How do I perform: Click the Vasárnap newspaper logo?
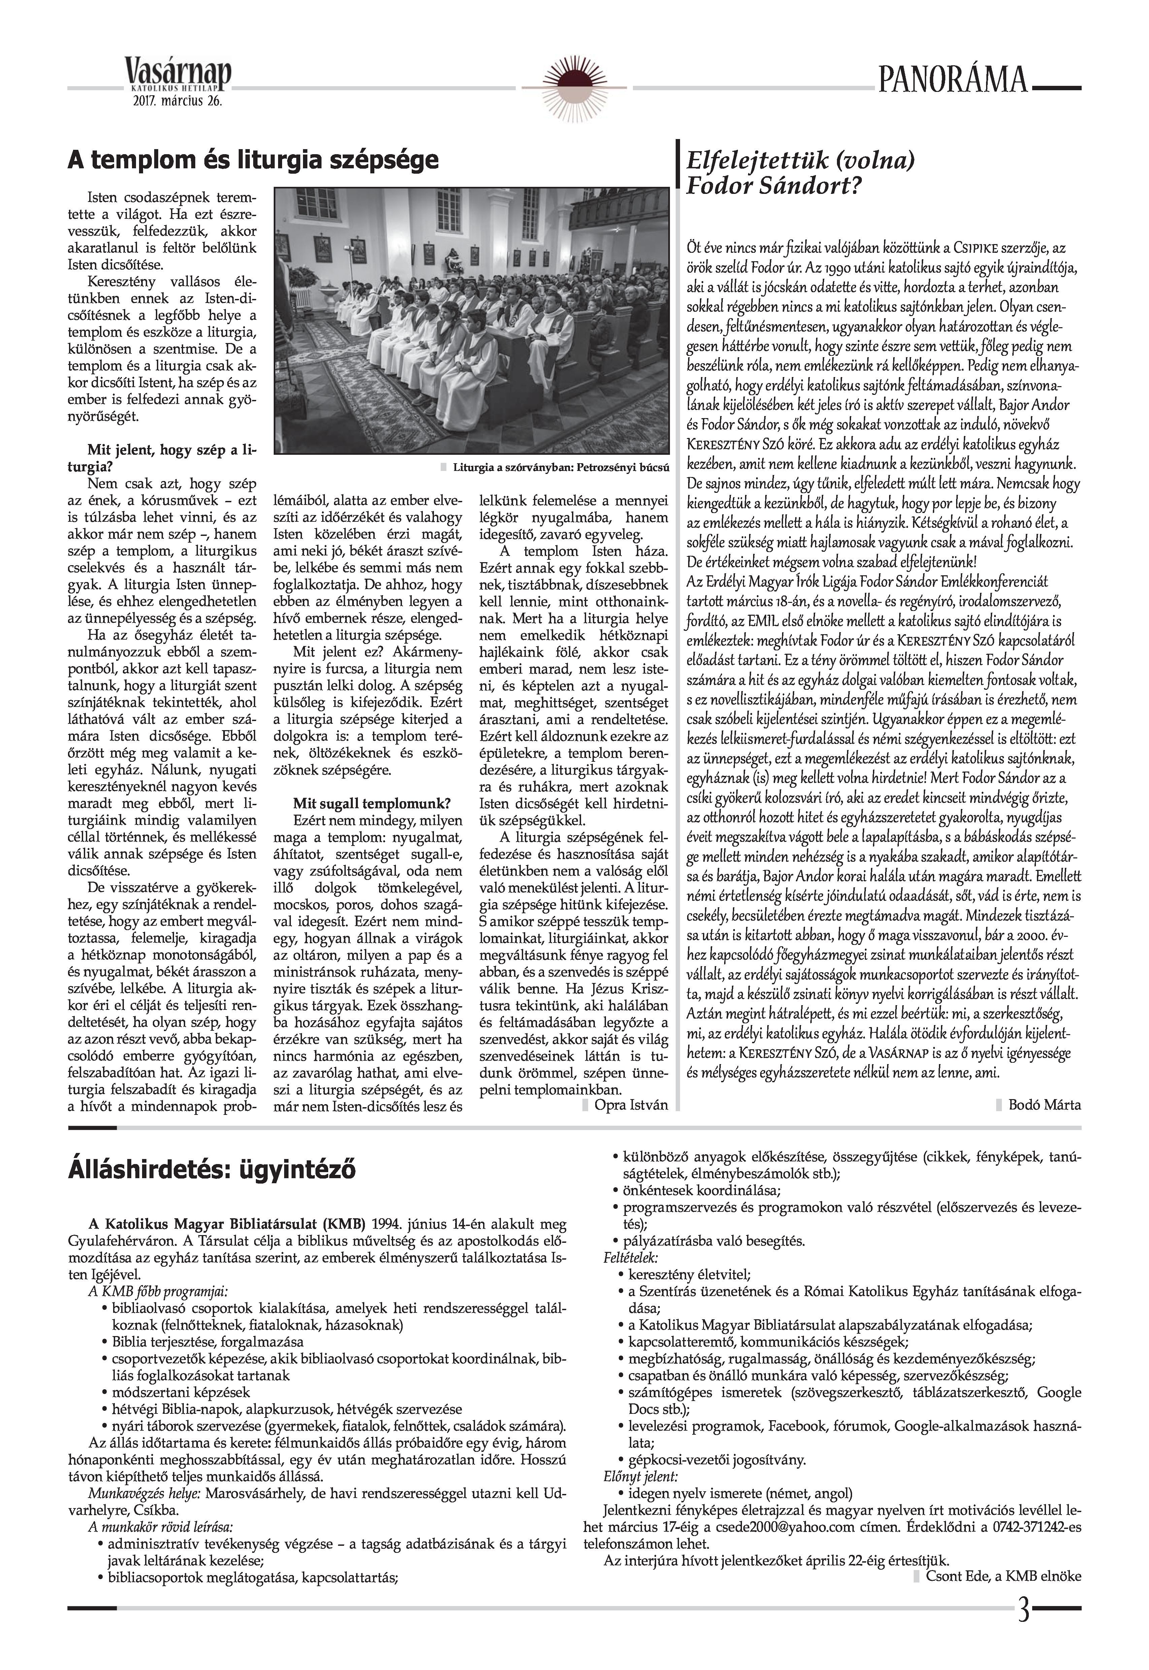pyautogui.click(x=178, y=73)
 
